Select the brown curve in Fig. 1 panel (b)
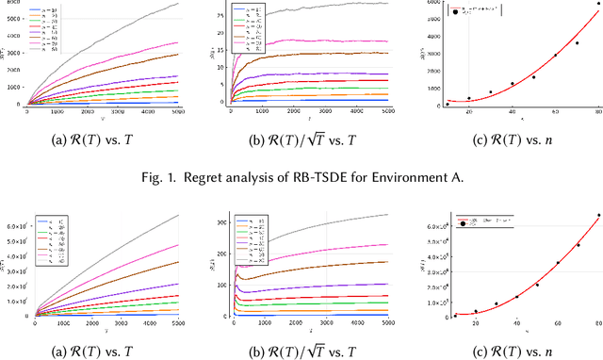[x=330, y=53]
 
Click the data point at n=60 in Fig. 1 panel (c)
[x=555, y=55]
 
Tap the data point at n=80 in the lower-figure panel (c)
[x=598, y=215]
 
